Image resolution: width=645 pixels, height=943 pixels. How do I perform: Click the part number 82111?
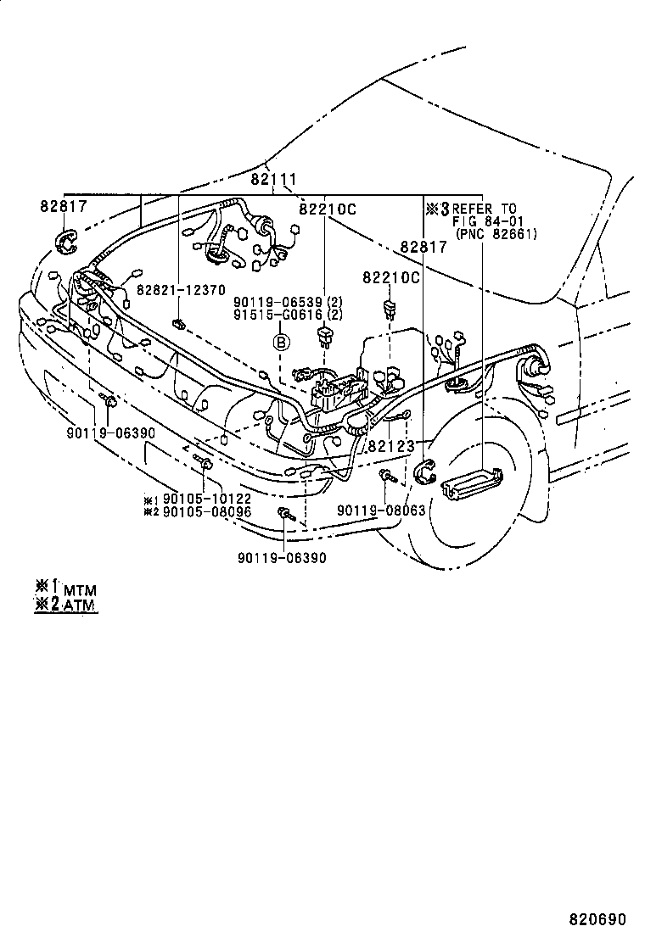click(x=272, y=180)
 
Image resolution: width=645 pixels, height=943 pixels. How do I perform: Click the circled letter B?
click(x=281, y=343)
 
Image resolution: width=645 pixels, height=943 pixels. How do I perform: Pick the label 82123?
click(x=391, y=445)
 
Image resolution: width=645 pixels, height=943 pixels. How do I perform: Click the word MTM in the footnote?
click(x=80, y=589)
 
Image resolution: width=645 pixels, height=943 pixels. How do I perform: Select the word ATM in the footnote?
click(x=80, y=605)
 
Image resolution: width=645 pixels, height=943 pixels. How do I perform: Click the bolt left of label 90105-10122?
click(x=205, y=462)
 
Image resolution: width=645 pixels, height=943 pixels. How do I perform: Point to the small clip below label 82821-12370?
click(x=177, y=323)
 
